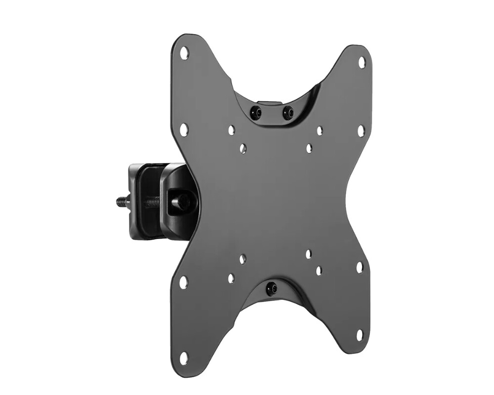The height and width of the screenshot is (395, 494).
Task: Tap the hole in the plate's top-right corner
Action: pos(362,62)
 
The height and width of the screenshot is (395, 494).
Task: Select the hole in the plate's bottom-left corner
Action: pos(183,357)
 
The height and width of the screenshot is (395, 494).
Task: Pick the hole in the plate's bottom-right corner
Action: pos(360,335)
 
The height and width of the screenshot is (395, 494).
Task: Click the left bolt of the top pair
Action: pos(255,112)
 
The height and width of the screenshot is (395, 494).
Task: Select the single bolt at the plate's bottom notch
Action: pos(271,288)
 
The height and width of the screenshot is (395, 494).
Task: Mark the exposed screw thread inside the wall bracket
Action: pos(152,201)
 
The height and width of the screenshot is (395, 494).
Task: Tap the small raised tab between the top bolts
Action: pos(271,104)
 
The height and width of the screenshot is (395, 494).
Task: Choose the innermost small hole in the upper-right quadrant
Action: pos(309,148)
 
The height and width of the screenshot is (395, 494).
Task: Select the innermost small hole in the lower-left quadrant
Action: pos(243,259)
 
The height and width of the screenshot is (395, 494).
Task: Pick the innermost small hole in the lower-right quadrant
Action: pos(308,254)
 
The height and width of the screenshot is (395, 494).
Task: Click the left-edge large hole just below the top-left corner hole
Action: pos(184,130)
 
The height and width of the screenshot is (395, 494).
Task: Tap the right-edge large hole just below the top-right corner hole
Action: pos(361,130)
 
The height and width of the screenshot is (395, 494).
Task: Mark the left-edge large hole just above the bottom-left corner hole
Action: pos(183,282)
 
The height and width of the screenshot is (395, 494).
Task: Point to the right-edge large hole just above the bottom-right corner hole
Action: pos(360,267)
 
